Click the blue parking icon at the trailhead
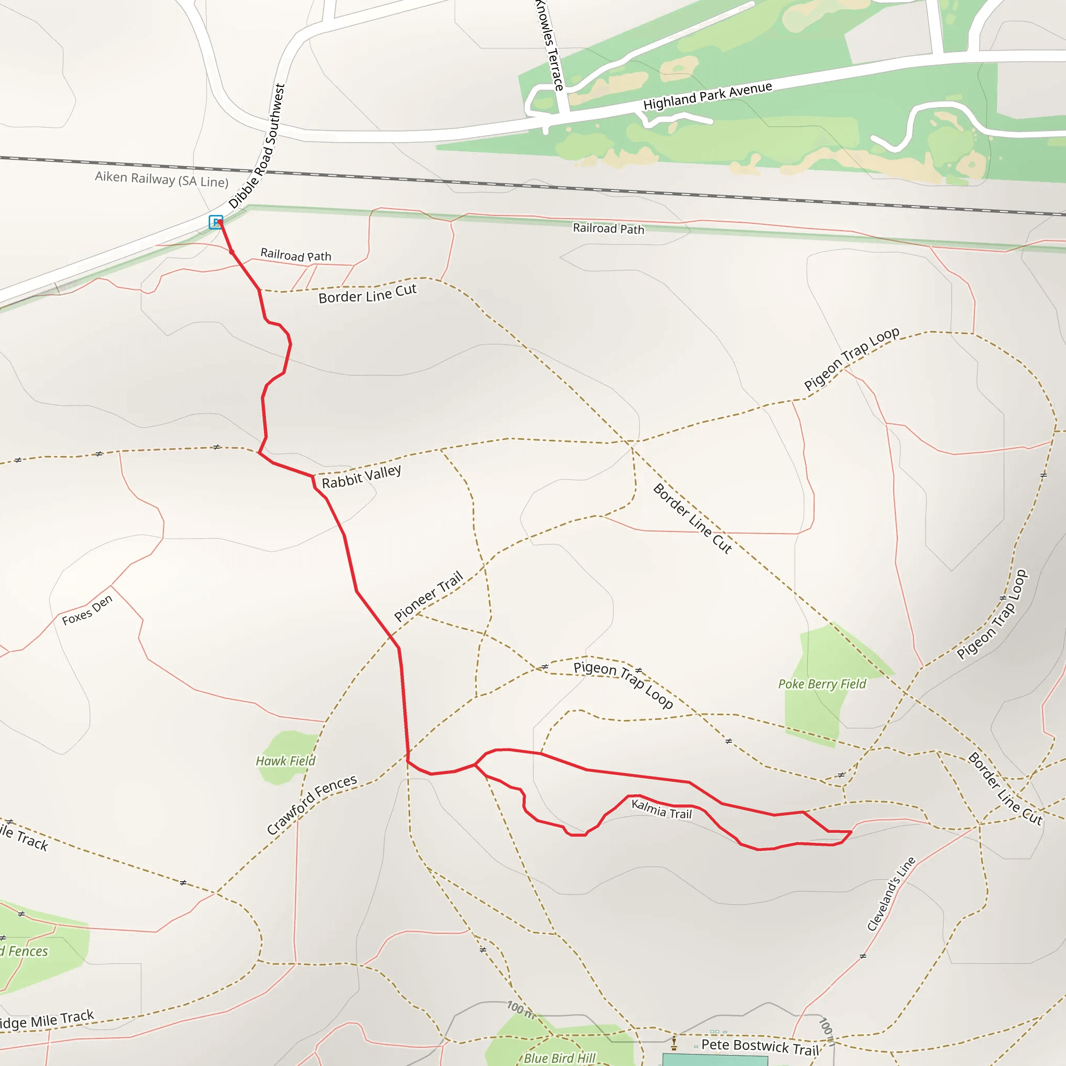click(x=215, y=222)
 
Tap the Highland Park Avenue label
click(x=707, y=96)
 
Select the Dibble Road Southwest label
click(x=258, y=146)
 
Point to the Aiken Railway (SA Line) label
click(x=162, y=180)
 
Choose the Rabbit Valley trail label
click(x=361, y=477)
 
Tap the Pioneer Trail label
click(x=428, y=597)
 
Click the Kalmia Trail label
click(x=661, y=809)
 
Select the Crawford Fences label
click(x=312, y=805)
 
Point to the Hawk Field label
click(x=285, y=761)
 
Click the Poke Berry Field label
click(x=822, y=684)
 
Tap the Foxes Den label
click(x=87, y=610)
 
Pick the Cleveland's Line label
click(x=891, y=894)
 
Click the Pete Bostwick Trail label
click(x=760, y=1047)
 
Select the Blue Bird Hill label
click(x=560, y=1058)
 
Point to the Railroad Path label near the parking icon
click(x=296, y=255)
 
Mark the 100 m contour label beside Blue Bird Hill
click(x=521, y=1009)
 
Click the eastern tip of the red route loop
click(x=852, y=831)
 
